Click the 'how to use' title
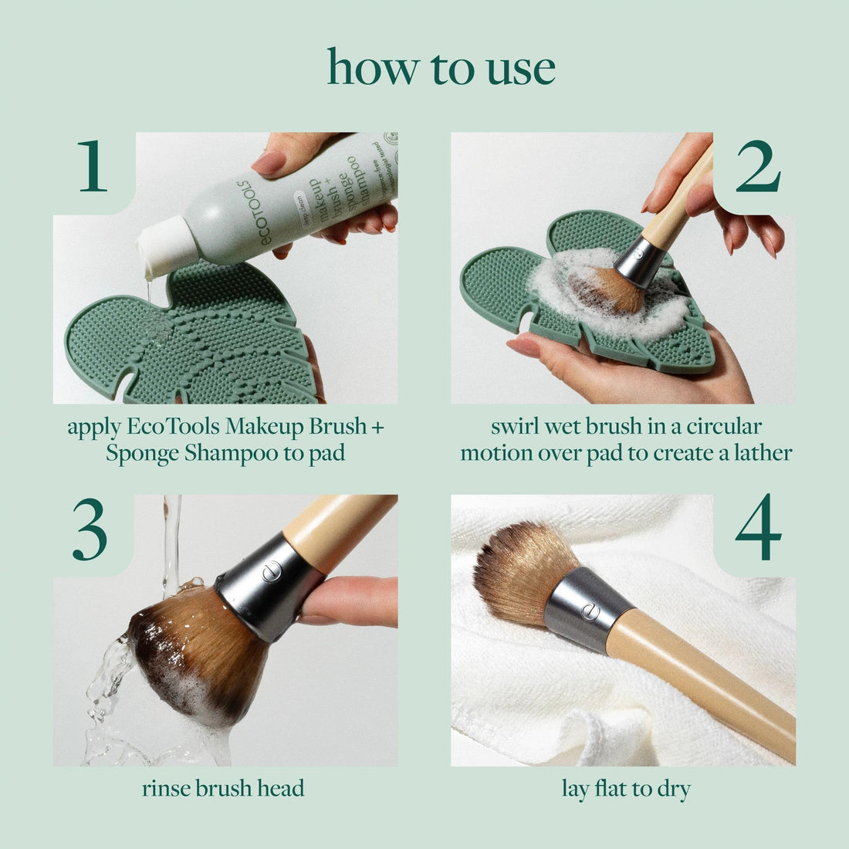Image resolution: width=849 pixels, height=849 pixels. pos(441,68)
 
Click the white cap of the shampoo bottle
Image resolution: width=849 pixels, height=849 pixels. pos(164,245)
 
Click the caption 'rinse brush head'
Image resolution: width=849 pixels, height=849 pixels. pos(223,788)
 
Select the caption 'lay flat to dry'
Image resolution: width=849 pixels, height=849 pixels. pos(626,788)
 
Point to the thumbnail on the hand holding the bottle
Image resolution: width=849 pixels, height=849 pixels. pos(270,162)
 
